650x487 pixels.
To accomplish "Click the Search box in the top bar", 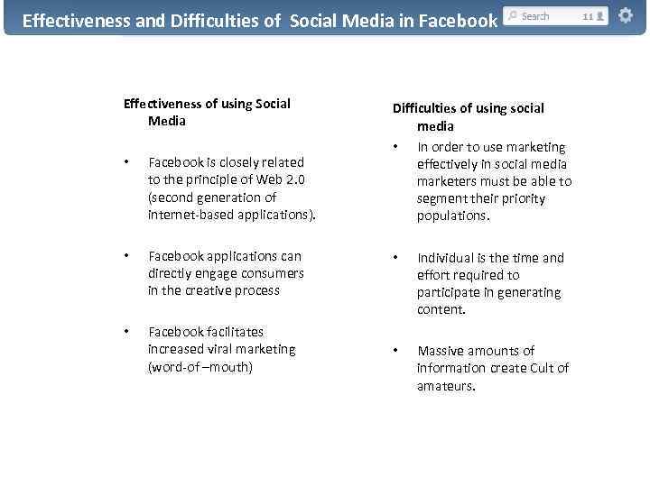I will pos(540,16).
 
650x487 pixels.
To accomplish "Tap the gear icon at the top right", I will pos(625,16).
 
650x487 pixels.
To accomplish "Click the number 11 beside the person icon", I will pos(588,16).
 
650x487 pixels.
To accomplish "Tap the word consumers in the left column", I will pos(274,273).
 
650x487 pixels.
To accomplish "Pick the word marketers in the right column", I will pos(444,181).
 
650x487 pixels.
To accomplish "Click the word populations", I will pos(451,216).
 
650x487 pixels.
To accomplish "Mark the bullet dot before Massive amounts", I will pos(394,351).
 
